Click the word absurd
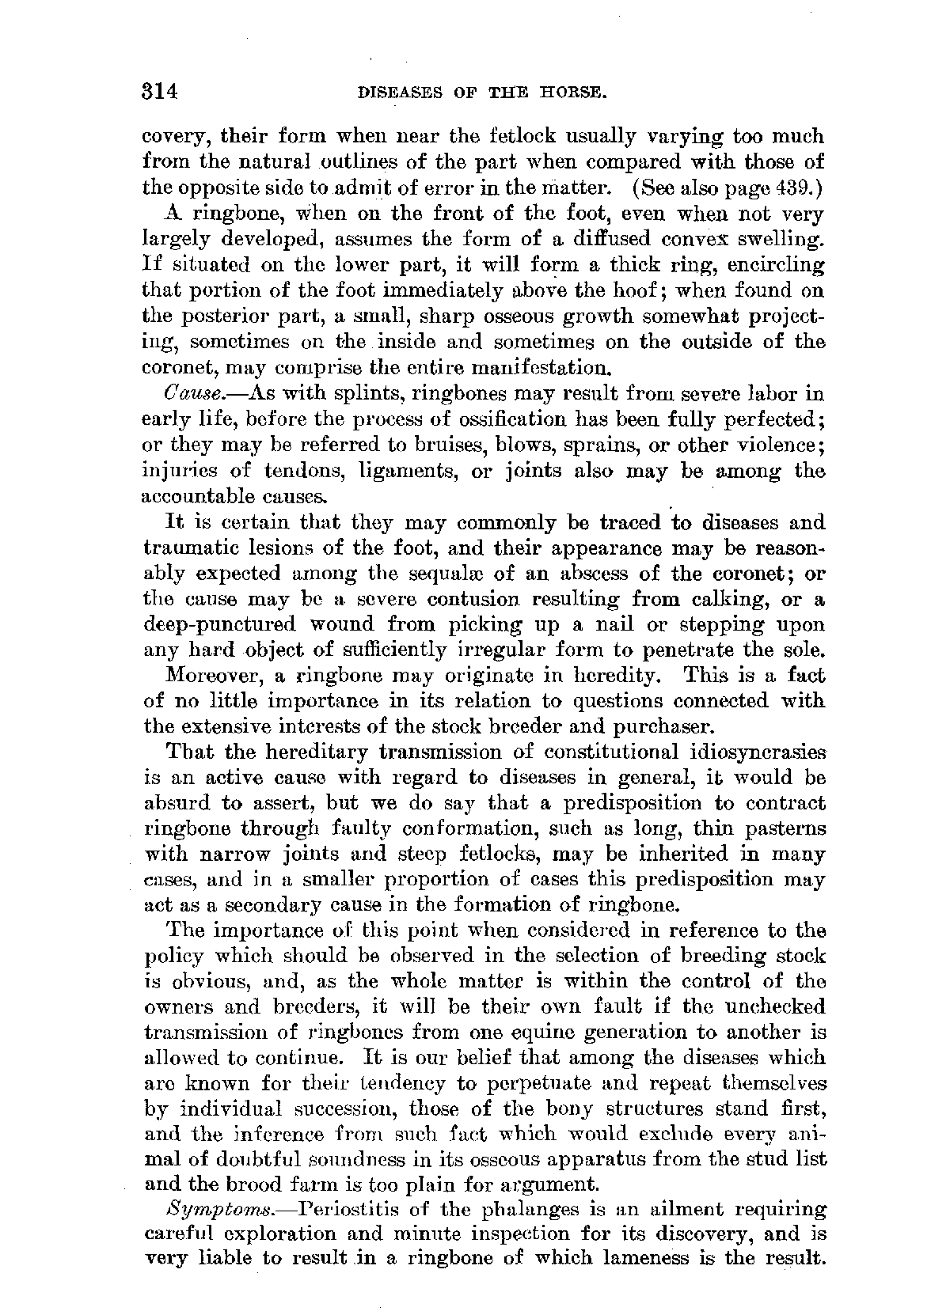tap(178, 803)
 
